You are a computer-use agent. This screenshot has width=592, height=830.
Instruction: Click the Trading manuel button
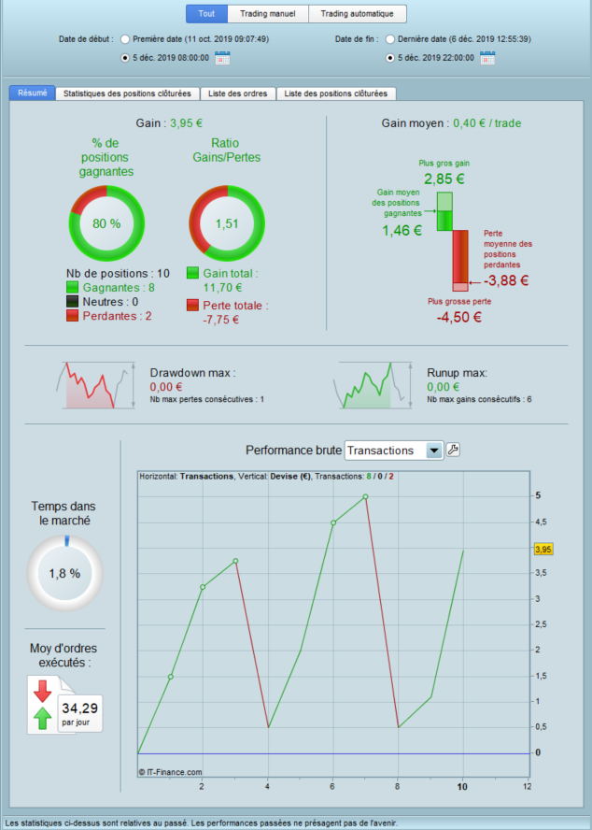[x=268, y=14]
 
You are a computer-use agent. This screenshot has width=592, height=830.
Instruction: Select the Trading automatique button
[x=358, y=14]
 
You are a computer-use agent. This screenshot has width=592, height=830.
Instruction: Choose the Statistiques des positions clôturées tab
[x=128, y=93]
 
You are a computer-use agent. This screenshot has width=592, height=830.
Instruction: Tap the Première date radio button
[x=126, y=39]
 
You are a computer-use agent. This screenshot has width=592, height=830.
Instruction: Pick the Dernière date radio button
[x=390, y=39]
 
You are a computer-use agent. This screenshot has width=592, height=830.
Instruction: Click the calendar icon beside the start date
[x=222, y=58]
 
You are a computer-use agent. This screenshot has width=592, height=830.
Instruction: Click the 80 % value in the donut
[x=107, y=223]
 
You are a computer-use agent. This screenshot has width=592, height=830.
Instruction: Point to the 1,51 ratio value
[x=228, y=223]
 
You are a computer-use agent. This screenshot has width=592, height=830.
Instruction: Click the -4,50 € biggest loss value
[x=458, y=317]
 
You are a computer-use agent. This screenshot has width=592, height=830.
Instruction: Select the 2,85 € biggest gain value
[x=444, y=179]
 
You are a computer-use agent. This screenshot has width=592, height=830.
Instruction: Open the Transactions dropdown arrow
[x=433, y=451]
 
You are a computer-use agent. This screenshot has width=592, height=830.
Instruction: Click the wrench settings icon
[x=454, y=451]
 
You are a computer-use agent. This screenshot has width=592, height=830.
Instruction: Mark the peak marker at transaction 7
[x=365, y=496]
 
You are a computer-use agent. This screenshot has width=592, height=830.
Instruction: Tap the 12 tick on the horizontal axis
[x=528, y=786]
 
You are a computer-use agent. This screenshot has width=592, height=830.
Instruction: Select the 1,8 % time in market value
[x=64, y=573]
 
